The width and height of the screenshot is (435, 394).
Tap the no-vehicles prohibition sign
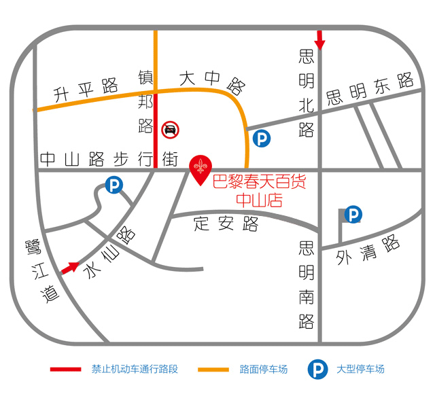click(171, 129)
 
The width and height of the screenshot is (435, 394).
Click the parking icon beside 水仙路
click(114, 184)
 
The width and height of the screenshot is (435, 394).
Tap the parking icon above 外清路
click(353, 215)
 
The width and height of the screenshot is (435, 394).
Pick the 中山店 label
click(259, 200)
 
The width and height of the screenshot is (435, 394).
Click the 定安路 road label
click(227, 223)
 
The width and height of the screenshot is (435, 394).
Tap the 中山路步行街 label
click(108, 160)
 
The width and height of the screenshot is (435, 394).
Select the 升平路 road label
click(86, 88)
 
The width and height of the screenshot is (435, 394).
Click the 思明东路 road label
click(370, 88)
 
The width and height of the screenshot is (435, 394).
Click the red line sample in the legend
click(67, 370)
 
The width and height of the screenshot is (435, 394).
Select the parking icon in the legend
click(317, 370)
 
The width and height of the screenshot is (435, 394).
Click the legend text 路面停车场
click(264, 370)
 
